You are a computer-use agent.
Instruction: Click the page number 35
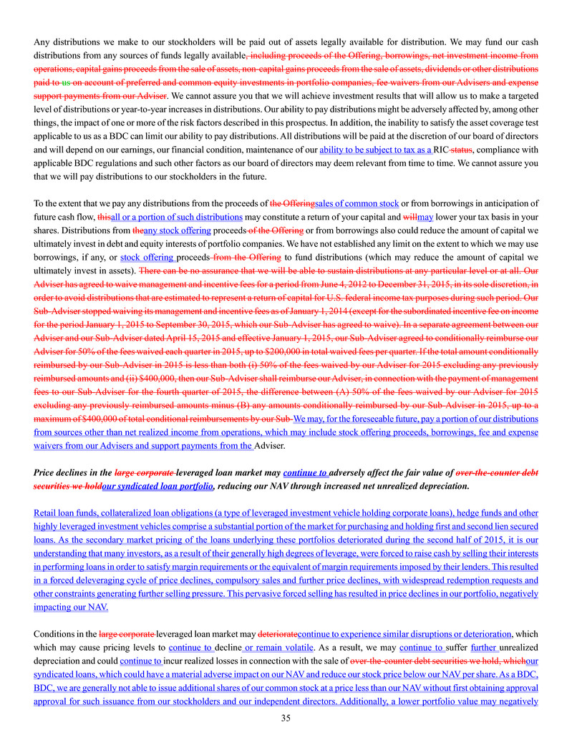pyautogui.click(x=286, y=718)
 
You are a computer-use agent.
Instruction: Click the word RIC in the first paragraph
pyautogui.click(x=442, y=150)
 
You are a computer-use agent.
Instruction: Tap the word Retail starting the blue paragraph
pyautogui.click(x=47, y=512)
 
